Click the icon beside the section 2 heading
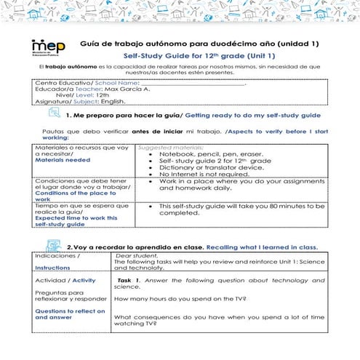coord(53,247)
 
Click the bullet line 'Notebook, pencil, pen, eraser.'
coord(211,154)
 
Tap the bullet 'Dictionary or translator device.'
coord(211,167)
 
